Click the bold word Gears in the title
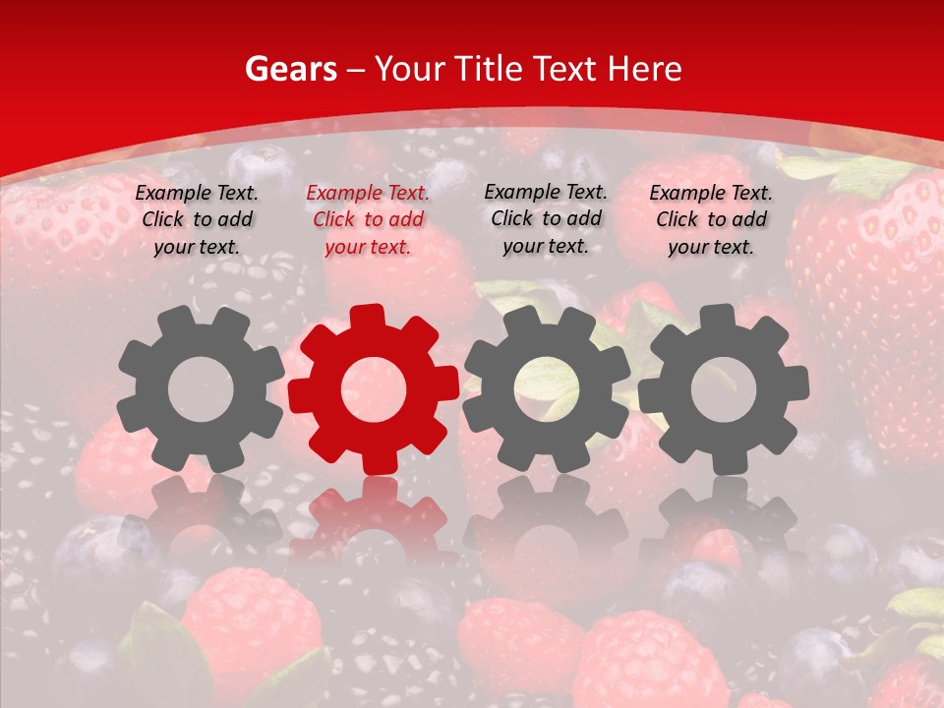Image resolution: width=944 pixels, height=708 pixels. tap(291, 69)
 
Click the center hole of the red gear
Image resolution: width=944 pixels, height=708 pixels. tap(373, 389)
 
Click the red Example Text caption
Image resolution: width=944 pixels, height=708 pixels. tap(368, 220)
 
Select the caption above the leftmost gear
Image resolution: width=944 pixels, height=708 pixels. tap(197, 220)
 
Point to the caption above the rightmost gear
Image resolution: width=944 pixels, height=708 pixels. tap(711, 220)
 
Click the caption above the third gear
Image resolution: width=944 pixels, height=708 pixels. tap(546, 219)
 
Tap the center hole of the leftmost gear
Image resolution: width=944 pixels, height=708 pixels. tap(201, 389)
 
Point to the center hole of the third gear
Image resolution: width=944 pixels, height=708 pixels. tap(546, 389)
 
